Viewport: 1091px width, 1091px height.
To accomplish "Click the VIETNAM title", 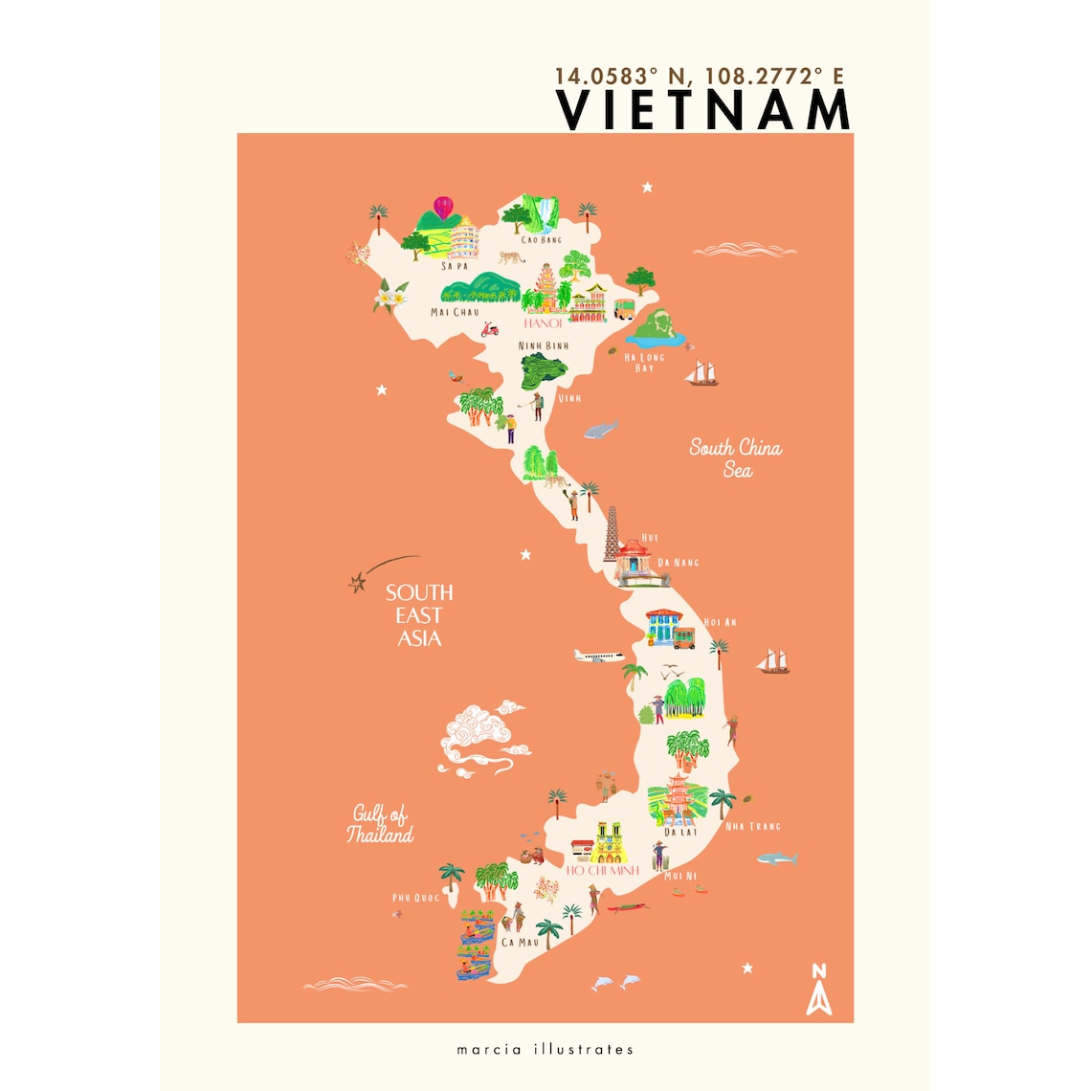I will coord(703,110).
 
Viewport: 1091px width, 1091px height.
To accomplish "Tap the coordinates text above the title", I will coord(699,76).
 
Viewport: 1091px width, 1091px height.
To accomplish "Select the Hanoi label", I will coord(543,323).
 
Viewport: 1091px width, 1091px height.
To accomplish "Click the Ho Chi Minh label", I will coord(602,871).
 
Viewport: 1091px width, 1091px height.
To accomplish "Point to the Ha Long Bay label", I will coord(644,362).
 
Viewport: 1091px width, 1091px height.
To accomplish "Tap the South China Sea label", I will coord(736,457).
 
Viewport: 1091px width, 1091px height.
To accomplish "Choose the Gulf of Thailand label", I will coord(380,824).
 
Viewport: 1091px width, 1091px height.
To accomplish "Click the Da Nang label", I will coord(679,563).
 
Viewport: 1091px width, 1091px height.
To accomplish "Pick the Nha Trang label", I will coord(753,826).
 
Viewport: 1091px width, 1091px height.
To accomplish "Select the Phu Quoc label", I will coord(416,898).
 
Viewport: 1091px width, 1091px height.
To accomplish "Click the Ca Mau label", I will coord(521,943).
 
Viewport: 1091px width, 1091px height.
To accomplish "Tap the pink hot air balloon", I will coord(443,207).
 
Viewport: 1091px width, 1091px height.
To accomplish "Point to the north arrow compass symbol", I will coord(819,990).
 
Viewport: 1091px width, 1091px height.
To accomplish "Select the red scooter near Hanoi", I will coord(489,328).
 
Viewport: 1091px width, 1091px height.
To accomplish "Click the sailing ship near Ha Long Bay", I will coord(703,372).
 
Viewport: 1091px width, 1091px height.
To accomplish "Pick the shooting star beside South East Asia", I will coord(359,581).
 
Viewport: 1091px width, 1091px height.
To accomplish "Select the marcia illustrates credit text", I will coord(545,1049).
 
